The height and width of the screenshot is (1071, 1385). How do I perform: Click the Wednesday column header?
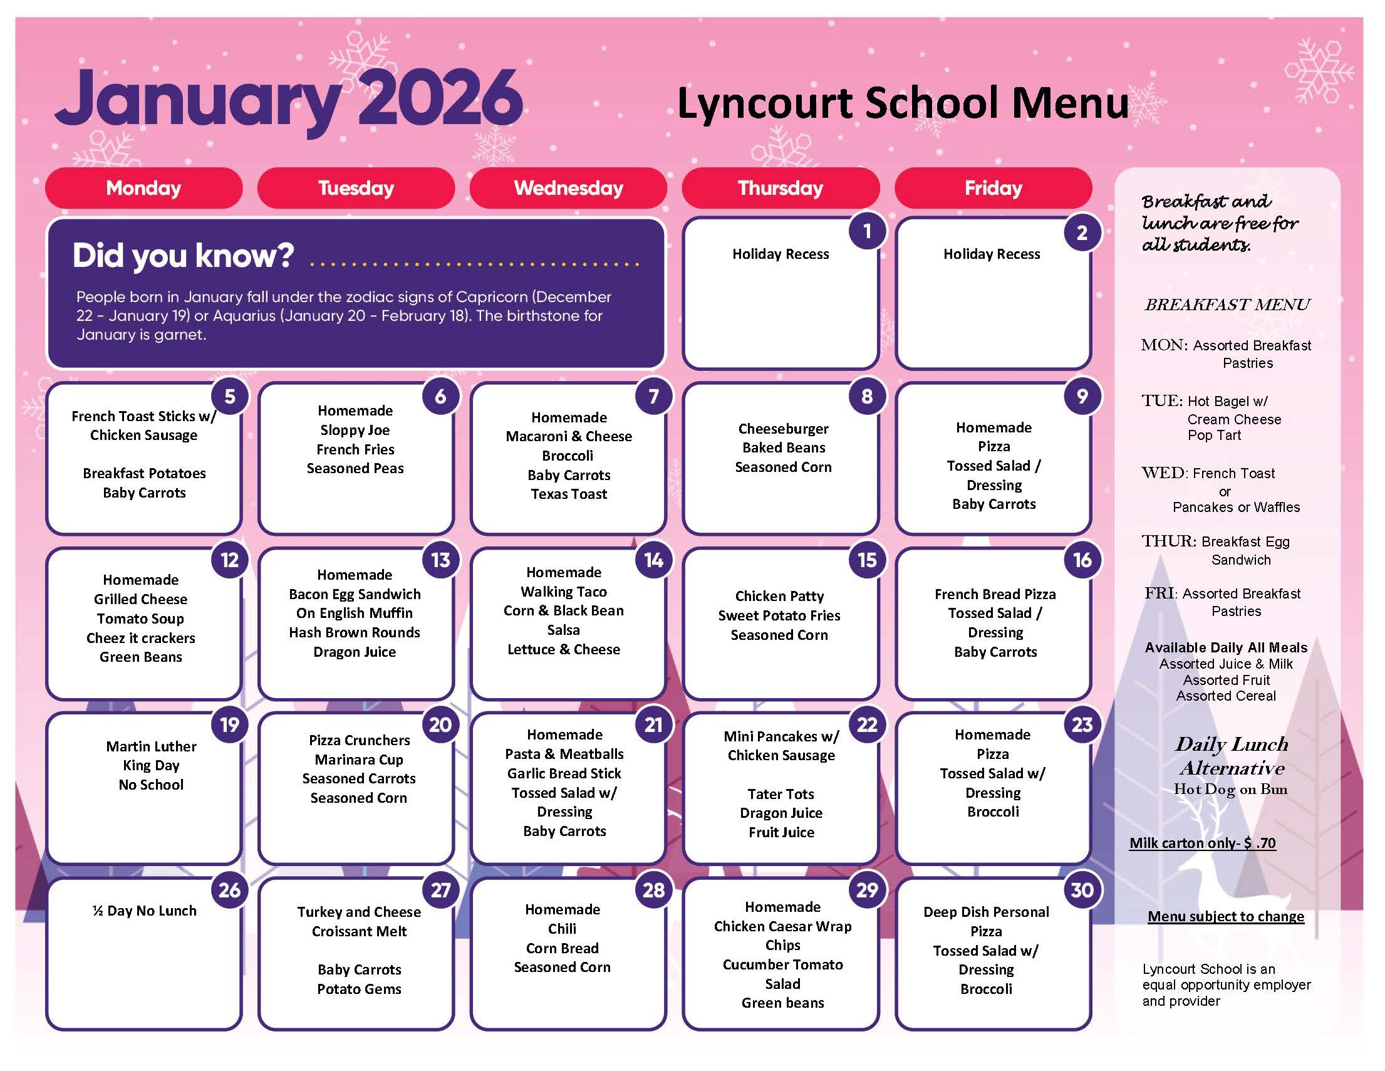568,188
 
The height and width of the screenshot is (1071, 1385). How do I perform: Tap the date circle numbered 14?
653,560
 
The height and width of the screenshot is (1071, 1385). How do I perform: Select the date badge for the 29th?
866,889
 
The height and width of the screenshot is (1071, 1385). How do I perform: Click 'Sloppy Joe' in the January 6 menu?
355,430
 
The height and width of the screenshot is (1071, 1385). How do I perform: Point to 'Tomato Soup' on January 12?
140,619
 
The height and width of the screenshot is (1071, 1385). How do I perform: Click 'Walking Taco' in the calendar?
564,592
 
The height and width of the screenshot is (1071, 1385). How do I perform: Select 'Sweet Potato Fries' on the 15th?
779,615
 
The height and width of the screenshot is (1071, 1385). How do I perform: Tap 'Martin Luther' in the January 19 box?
151,746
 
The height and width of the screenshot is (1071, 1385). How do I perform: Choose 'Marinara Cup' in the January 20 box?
359,760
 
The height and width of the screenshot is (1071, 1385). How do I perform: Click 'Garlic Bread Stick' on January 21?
564,773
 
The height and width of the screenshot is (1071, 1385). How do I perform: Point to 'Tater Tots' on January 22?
781,795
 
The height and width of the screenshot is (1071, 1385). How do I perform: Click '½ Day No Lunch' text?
145,911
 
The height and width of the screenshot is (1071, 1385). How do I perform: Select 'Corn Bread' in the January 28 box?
563,949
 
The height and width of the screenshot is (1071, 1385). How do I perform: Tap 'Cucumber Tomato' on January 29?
783,965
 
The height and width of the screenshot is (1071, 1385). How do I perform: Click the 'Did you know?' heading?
184,256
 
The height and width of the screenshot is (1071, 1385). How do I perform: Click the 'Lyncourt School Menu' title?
903,103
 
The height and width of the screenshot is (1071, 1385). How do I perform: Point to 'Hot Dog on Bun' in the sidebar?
1230,789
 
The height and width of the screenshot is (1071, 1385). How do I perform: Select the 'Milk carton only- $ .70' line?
1202,844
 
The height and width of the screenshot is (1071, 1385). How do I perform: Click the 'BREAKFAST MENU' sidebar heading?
1227,305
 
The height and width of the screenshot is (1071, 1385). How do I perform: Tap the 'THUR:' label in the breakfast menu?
1169,541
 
